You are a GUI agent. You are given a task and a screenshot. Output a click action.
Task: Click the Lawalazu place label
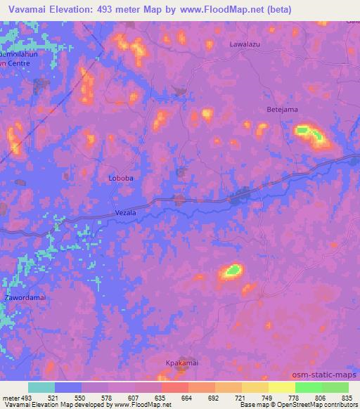point(245,44)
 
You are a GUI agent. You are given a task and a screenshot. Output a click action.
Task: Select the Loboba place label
point(121,178)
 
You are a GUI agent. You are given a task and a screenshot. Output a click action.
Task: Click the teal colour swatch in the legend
point(41,387)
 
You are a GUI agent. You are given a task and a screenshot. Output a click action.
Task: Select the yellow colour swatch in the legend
point(282,387)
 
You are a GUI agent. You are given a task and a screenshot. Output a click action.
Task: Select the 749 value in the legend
point(268,398)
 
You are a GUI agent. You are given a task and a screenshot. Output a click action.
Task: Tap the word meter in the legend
point(11,398)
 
